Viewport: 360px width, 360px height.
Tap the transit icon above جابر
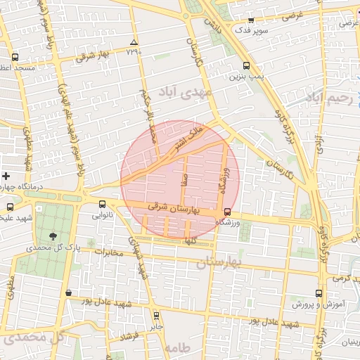pyautogui.click(x=156, y=316)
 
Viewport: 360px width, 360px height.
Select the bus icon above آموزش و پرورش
pyautogui.click(x=319, y=293)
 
